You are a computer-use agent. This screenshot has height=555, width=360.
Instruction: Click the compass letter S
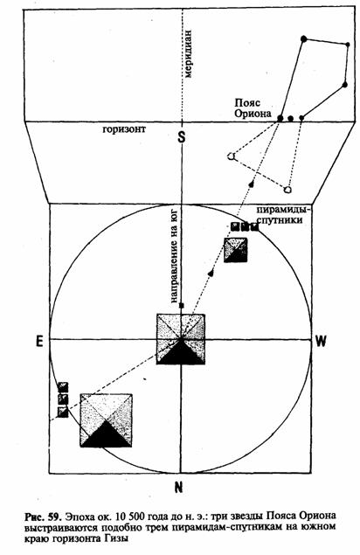pos(182,136)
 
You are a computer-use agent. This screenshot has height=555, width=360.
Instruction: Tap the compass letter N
pos(179,488)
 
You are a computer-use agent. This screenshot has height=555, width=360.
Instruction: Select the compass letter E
pos(39,341)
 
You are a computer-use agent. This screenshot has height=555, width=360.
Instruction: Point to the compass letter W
pos(321,341)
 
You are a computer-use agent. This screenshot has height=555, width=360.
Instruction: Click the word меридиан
pos(188,54)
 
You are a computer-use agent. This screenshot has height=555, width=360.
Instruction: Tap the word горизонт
pos(124,129)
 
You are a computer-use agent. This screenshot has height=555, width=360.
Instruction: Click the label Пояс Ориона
pos(253,108)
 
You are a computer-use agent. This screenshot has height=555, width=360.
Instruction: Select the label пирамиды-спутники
pos(284,215)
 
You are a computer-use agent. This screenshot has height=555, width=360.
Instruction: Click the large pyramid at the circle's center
pos(181,339)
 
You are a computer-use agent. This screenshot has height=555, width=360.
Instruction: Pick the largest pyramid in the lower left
pos(107,420)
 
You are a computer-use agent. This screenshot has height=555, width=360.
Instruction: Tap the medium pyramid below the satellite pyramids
pos(236,250)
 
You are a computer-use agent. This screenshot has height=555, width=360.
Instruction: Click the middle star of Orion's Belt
pos(291,119)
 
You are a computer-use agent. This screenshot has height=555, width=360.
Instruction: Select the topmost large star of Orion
pos(303,39)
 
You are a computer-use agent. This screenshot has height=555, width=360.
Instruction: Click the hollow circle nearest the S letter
pos(232,156)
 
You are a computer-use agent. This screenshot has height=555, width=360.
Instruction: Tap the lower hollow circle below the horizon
pos(288,190)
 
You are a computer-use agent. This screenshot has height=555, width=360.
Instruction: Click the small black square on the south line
pos(182,305)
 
